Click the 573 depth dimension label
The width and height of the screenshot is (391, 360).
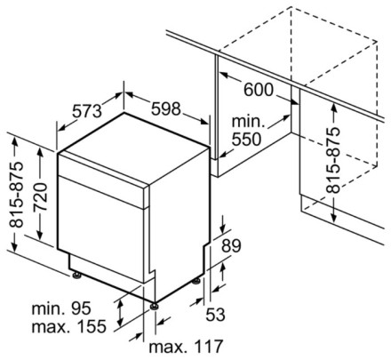[87, 111]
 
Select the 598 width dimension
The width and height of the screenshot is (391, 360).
[165, 108]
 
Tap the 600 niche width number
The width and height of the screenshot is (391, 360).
[259, 90]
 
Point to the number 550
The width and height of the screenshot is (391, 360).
[246, 139]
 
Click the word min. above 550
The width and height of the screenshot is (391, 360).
[248, 122]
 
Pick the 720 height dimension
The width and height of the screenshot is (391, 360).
[41, 197]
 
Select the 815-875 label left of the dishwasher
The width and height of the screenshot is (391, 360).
[16, 195]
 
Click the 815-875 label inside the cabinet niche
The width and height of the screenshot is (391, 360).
[332, 160]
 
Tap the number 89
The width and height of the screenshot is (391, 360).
[231, 245]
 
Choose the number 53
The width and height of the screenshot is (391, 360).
[215, 315]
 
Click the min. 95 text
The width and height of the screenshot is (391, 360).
[61, 308]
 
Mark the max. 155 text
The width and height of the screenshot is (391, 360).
[68, 326]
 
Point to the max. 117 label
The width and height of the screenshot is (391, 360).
[186, 346]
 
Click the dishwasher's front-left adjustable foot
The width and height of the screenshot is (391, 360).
[76, 276]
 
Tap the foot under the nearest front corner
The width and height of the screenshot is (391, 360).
[154, 306]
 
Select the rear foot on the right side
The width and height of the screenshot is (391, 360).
[196, 281]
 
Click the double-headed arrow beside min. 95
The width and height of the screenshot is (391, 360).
[120, 312]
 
